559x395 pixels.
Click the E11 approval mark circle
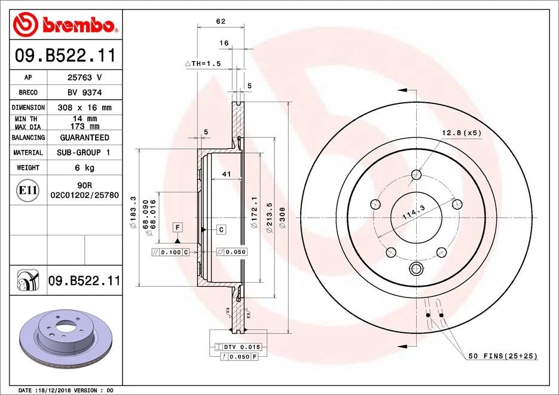[x=28, y=191]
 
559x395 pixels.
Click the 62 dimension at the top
[x=220, y=22]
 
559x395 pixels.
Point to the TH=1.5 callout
[x=203, y=63]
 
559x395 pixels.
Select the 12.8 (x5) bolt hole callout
[x=462, y=132]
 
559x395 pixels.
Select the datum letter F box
[x=178, y=226]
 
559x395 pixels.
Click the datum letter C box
[x=221, y=229]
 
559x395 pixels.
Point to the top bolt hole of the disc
[x=416, y=175]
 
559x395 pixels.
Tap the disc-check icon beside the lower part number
[x=28, y=280]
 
